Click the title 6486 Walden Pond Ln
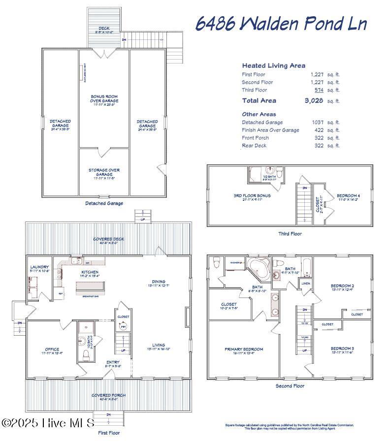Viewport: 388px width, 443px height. click(281, 24)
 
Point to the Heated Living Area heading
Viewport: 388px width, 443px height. click(273, 65)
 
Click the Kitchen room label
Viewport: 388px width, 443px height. click(90, 272)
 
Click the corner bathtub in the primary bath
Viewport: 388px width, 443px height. click(257, 266)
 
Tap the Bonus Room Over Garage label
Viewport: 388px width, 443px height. click(104, 98)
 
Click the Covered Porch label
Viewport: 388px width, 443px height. click(108, 395)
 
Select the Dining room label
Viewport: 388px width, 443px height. click(158, 283)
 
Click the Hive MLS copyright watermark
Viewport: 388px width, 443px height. click(48, 423)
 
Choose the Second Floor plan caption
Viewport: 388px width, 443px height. click(290, 386)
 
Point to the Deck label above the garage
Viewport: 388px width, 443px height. click(104, 29)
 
